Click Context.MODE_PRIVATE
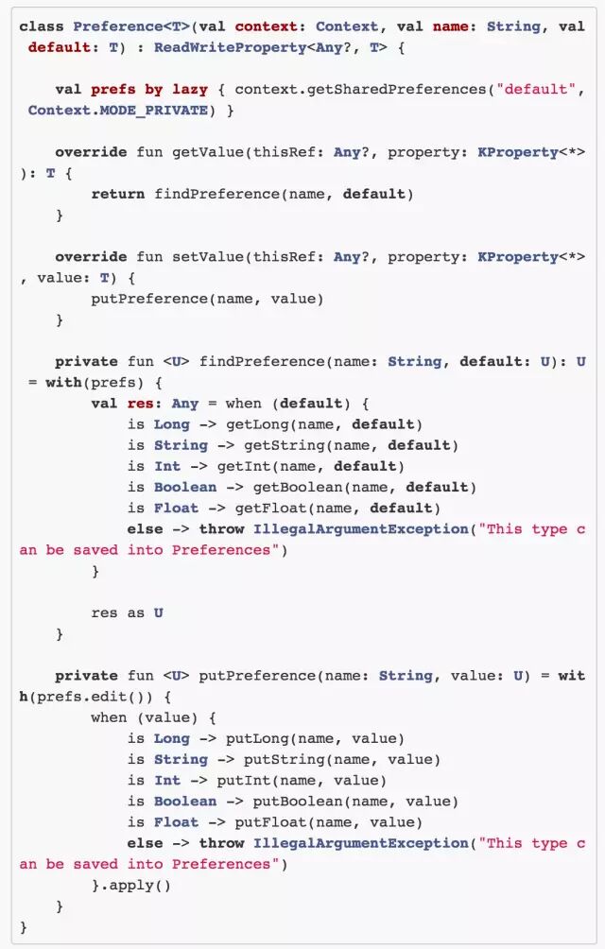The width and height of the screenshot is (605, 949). [x=118, y=111]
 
